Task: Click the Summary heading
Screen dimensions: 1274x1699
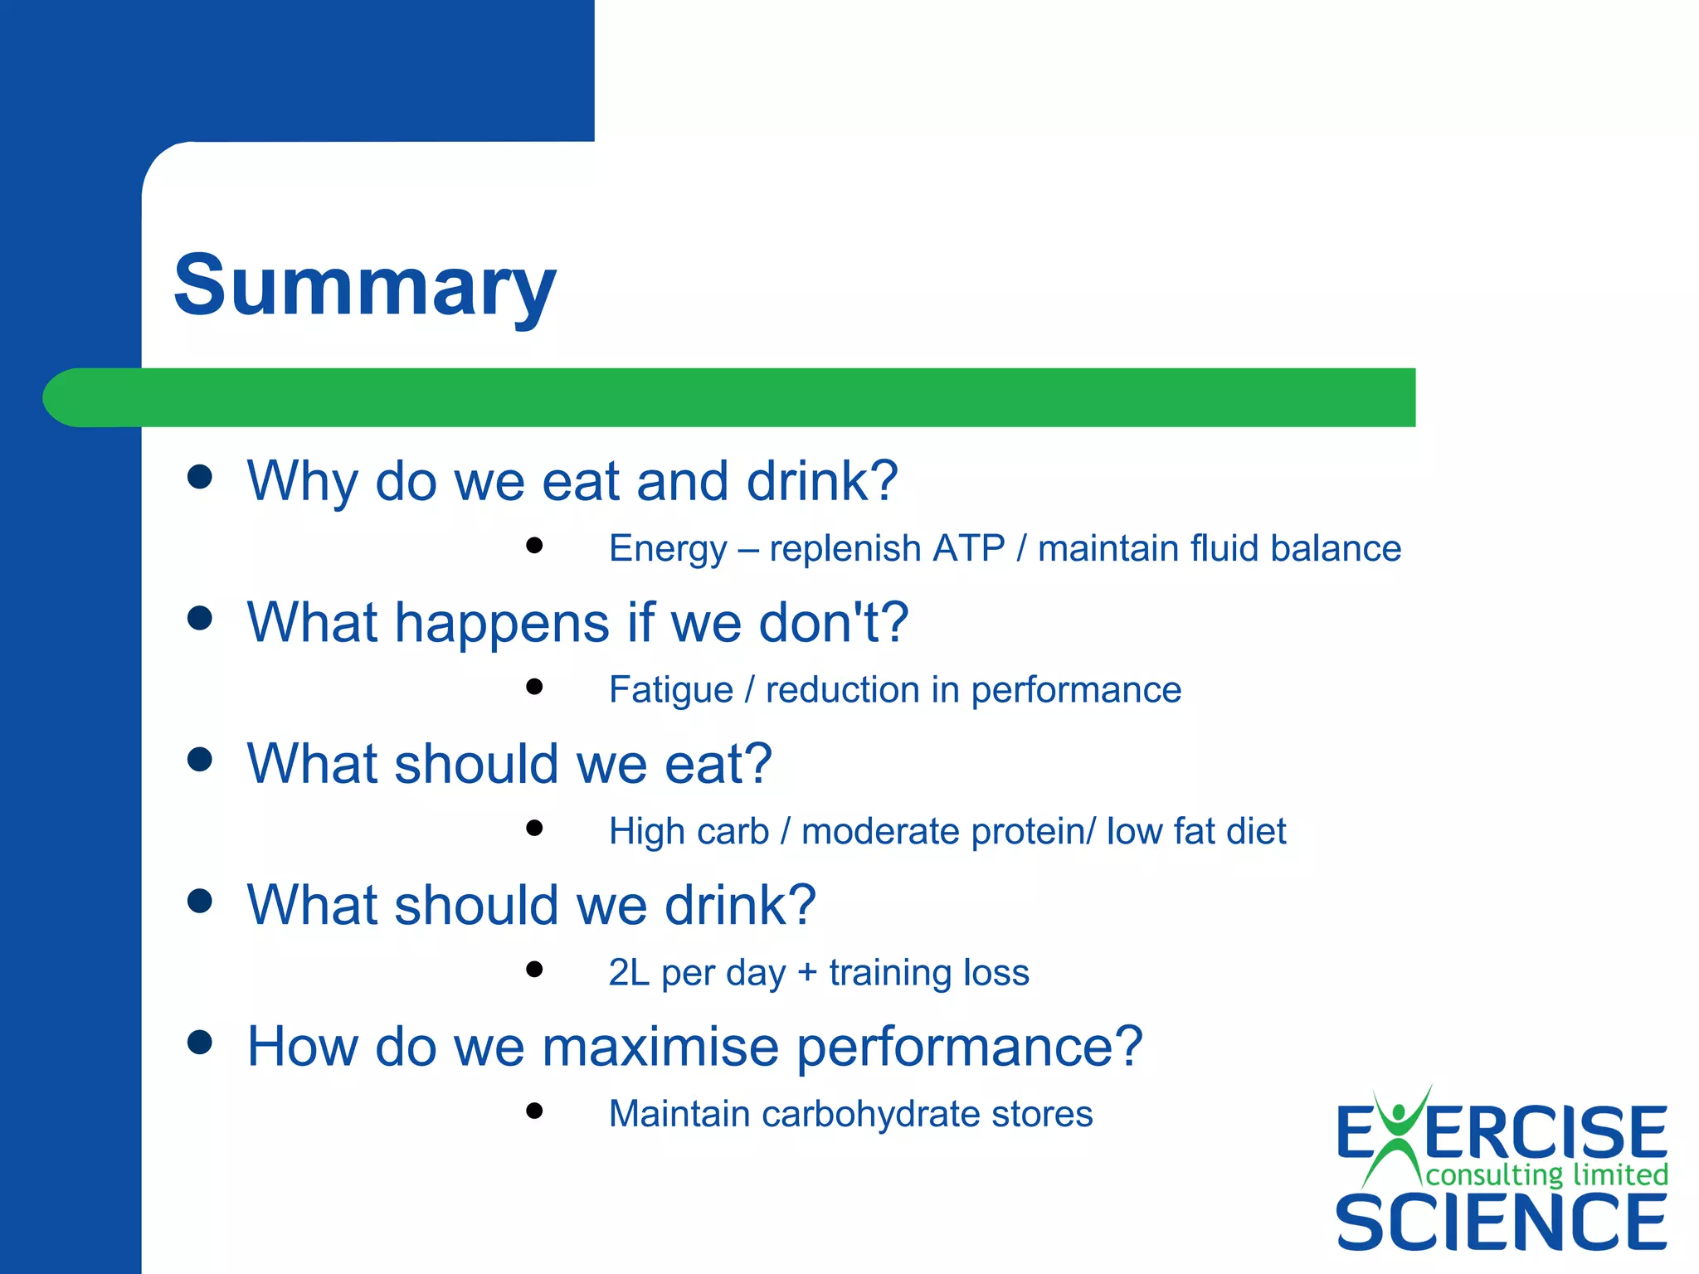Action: tap(364, 286)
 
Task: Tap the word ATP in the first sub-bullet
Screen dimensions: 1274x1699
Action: tap(968, 548)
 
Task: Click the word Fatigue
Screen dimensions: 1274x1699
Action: tap(670, 690)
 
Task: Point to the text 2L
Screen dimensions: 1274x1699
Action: tap(628, 972)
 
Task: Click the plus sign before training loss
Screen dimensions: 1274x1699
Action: tap(807, 973)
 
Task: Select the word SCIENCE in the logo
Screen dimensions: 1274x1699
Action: tap(1500, 1222)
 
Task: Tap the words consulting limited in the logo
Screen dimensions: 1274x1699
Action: tap(1546, 1174)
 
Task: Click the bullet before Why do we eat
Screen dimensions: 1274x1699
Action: tap(200, 477)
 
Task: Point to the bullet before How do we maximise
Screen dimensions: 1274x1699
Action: tap(200, 1042)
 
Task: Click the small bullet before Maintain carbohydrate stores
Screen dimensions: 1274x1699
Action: tap(534, 1111)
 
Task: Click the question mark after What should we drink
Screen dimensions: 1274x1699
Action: tap(798, 904)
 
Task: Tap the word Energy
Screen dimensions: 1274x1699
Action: tap(667, 549)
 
